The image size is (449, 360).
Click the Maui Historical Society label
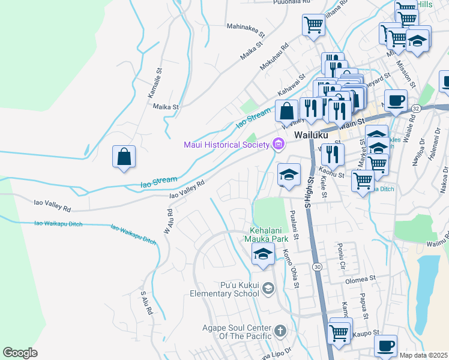(x=226, y=145)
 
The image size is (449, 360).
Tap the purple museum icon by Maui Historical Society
(x=277, y=144)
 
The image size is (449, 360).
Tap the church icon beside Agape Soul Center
(x=280, y=331)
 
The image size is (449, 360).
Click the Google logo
(x=20, y=352)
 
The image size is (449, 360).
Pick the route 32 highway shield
(x=415, y=108)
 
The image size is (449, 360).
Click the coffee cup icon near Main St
(x=395, y=100)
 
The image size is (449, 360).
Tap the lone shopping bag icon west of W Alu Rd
(x=123, y=157)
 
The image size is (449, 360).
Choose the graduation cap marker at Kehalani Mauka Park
(x=262, y=254)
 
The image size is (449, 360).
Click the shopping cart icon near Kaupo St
(x=339, y=332)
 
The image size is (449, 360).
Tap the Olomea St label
(x=360, y=279)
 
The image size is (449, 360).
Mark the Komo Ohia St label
(x=291, y=268)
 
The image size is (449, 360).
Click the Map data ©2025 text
(x=423, y=355)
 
